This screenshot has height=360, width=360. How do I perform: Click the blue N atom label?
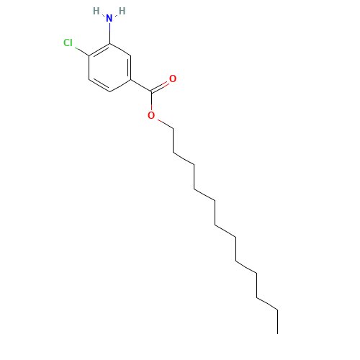109,19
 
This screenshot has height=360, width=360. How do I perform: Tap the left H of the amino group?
96,11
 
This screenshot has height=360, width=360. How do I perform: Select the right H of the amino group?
122,11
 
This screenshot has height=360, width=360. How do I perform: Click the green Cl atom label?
68,43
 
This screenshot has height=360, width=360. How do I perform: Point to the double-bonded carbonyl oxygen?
173,78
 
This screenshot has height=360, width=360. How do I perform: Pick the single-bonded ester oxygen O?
151,115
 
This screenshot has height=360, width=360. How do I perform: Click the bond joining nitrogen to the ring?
109,33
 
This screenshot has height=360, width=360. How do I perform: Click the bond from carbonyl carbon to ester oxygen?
151,101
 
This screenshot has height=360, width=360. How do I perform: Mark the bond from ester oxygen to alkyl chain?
165,124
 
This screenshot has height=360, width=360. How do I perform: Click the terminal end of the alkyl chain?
278,333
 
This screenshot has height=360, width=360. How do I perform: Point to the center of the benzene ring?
109,68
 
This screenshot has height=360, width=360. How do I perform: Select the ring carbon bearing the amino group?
109,44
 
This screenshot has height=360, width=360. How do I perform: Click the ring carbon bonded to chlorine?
89,55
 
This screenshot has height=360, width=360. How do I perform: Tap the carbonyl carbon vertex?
151,91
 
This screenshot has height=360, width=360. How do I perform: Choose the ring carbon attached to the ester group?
130,79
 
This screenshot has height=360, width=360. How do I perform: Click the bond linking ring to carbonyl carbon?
141,86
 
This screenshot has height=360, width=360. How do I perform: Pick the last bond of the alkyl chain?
278,322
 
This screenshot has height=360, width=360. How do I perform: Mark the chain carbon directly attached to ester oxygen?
174,129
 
